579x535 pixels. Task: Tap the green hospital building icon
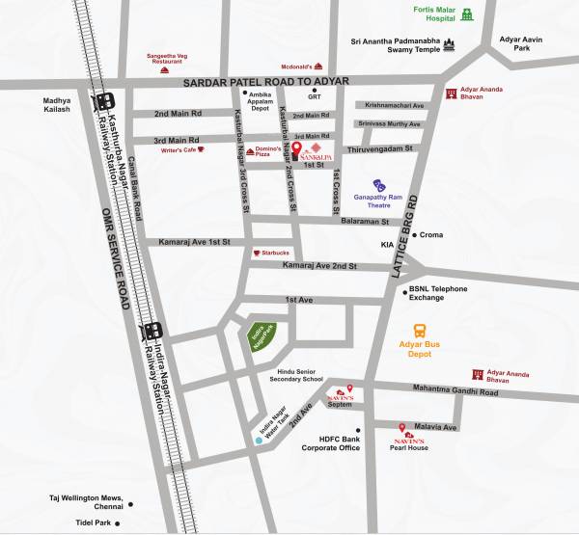pos(468,15)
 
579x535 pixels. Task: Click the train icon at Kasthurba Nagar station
pos(105,100)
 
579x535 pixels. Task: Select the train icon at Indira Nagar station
pos(151,333)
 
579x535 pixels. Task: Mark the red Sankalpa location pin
pos(298,150)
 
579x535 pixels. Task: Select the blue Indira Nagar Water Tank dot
pos(258,440)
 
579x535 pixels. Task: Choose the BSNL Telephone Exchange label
pos(436,293)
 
